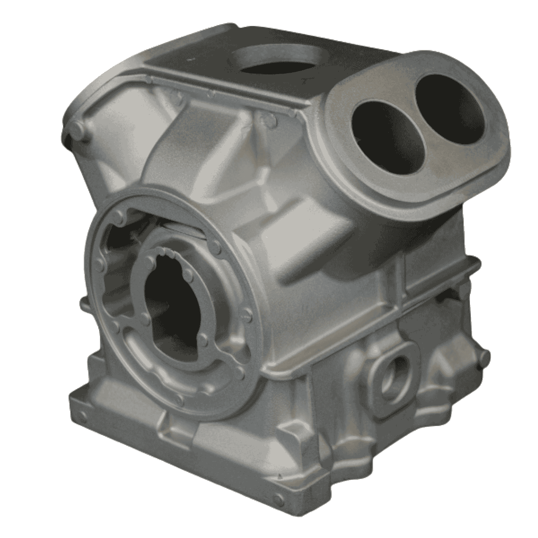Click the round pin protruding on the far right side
(x=485, y=356)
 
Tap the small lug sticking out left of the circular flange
(x=84, y=306)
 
